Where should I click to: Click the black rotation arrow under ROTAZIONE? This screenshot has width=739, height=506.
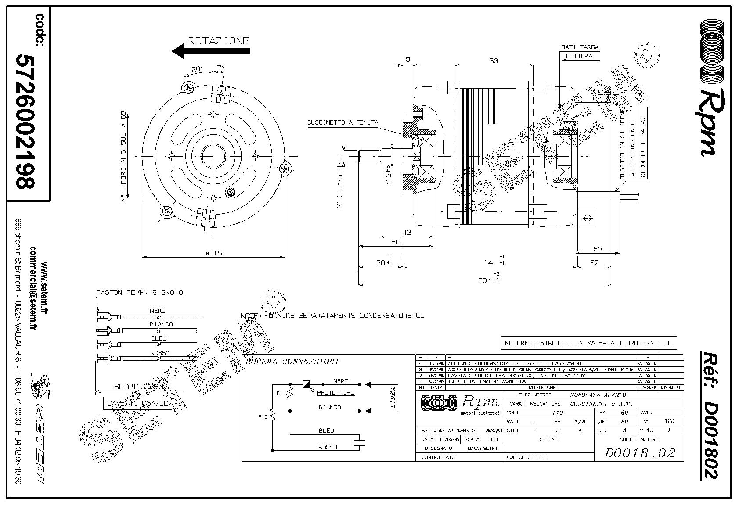coord(211,51)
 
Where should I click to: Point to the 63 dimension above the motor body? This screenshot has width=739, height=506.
coord(494,61)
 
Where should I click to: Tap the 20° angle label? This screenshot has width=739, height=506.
coord(197,69)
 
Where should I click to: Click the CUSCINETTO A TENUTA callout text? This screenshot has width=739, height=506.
coord(343,122)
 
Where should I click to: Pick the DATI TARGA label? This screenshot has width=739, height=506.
coord(580,47)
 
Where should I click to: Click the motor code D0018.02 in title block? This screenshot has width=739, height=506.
coord(639,452)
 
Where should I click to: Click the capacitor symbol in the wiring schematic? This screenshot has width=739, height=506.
coord(361,441)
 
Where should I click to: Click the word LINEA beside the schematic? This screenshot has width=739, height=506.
coord(393,398)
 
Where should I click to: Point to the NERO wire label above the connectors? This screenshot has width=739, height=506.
coord(157,311)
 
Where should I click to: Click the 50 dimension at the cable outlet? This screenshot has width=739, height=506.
coord(597,249)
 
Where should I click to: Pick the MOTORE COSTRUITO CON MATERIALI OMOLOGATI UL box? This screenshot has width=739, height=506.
coord(589,343)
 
